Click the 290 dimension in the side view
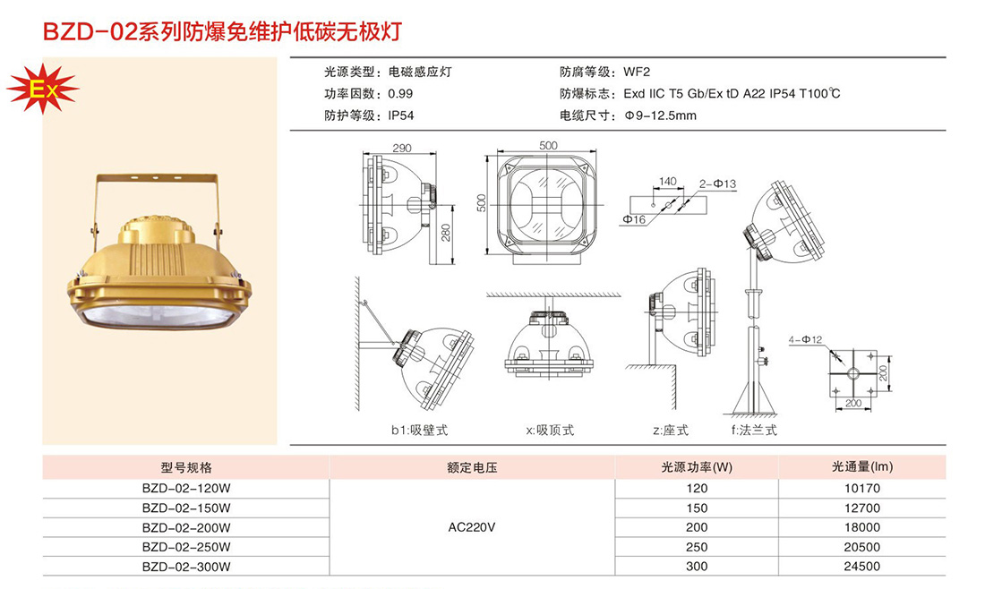(401, 149)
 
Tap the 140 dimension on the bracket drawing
(667, 182)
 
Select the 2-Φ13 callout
(717, 184)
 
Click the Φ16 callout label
(635, 219)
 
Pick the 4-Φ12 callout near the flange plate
(805, 340)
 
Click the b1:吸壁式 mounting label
(420, 431)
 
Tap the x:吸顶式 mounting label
(551, 431)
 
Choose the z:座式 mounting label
(671, 431)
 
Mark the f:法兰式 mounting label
(754, 431)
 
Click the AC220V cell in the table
(472, 527)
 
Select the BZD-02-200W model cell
(186, 527)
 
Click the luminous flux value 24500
(861, 567)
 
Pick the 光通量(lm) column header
(861, 467)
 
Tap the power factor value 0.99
(400, 94)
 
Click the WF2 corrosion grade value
(637, 72)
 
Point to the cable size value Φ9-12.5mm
(661, 115)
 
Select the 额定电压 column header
(472, 467)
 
